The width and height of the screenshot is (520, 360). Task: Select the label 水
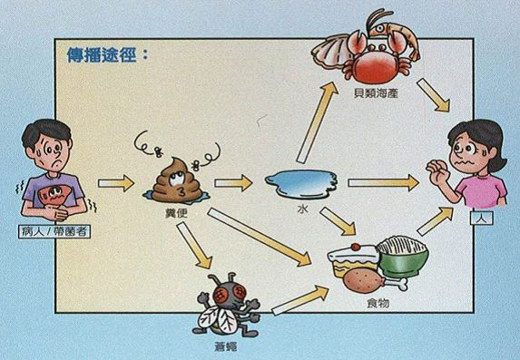pyautogui.click(x=301, y=209)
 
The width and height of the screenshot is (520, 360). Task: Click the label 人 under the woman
pyautogui.click(x=476, y=219)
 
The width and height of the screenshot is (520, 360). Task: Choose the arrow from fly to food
pyautogui.click(x=300, y=299)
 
